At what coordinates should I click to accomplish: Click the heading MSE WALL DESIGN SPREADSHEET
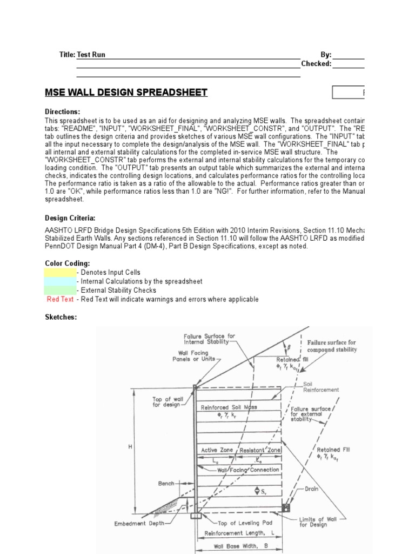[x=126, y=93]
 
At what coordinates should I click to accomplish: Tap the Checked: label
[x=316, y=63]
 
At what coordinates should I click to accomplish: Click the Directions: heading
[x=62, y=111]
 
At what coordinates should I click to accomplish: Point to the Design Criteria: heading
[x=70, y=218]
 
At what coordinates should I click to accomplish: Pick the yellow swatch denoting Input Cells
[x=60, y=272]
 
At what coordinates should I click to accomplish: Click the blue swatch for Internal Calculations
[x=60, y=281]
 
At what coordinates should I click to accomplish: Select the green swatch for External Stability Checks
[x=60, y=290]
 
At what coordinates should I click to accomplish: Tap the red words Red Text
[x=60, y=299]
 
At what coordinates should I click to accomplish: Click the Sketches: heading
[x=61, y=316]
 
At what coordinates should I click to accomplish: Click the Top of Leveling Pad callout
[x=244, y=523]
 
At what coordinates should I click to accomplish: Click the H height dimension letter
[x=130, y=447]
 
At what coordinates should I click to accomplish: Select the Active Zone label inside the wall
[x=216, y=450]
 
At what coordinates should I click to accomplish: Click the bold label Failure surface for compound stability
[x=332, y=346]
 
